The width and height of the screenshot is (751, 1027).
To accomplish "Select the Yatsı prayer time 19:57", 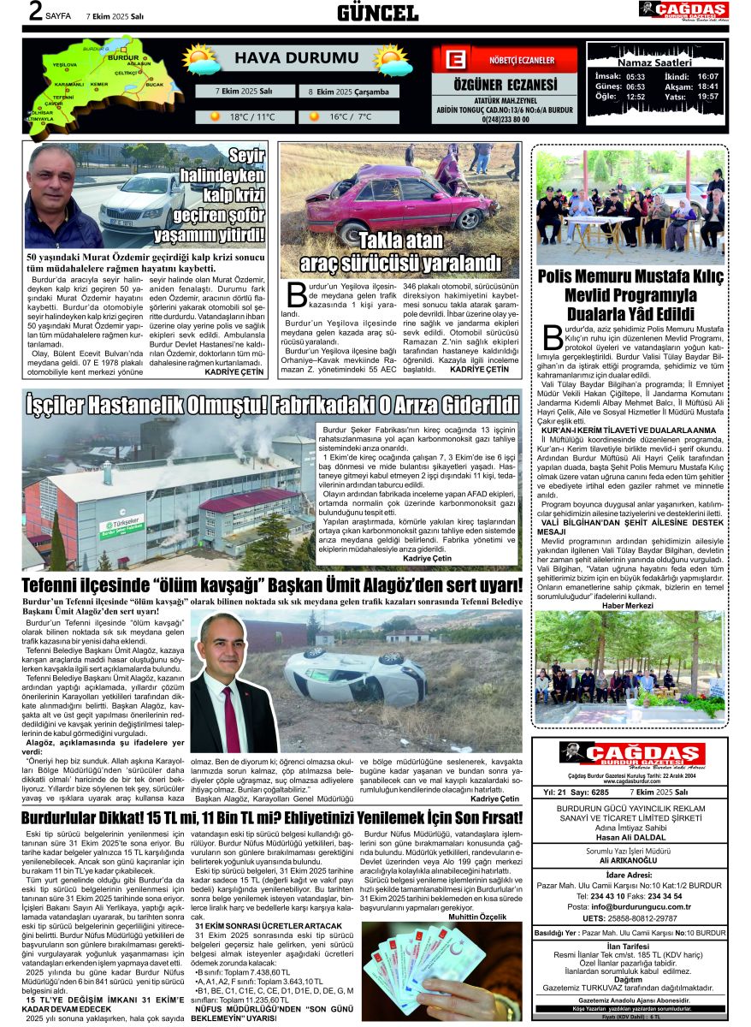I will (707, 97).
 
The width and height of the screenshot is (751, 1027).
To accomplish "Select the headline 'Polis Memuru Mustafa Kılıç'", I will (630, 277).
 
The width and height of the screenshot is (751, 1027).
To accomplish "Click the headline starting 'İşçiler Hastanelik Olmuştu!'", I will (272, 402).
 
